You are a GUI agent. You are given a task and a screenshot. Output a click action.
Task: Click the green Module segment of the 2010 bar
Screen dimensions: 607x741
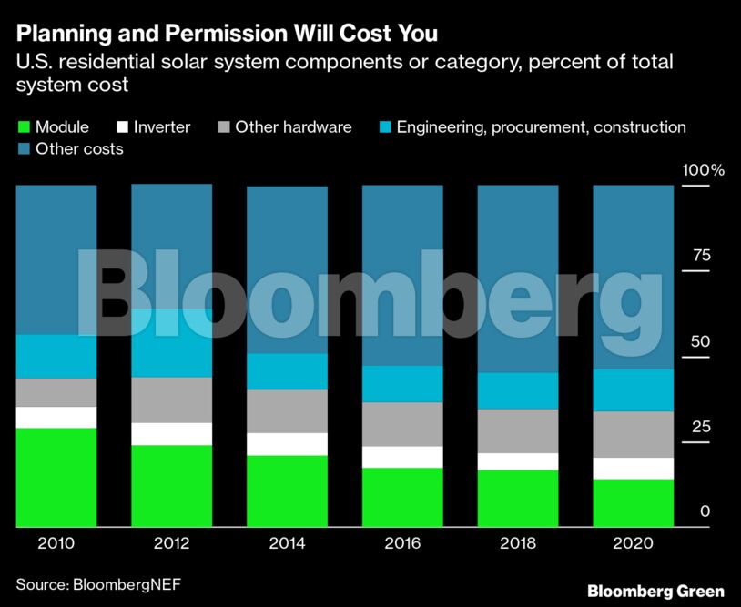(x=56, y=477)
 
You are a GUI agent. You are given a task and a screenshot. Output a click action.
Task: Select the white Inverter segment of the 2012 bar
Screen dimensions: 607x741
(x=172, y=434)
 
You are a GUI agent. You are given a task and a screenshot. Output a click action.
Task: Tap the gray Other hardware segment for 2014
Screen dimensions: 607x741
(x=287, y=411)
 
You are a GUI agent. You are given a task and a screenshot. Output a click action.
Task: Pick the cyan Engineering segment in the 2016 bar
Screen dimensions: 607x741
(x=402, y=384)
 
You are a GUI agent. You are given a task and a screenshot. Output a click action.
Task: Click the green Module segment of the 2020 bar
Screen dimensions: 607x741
(x=634, y=502)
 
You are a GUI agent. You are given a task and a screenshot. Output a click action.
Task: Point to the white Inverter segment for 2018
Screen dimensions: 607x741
(x=518, y=461)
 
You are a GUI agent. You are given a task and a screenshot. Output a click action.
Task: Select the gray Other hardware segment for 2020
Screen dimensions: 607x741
(x=634, y=434)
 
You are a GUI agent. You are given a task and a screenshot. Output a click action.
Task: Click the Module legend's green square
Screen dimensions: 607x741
(x=24, y=127)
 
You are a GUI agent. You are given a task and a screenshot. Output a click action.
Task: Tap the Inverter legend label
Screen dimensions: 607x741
(x=161, y=127)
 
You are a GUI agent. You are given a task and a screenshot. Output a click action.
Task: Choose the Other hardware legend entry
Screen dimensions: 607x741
(x=292, y=127)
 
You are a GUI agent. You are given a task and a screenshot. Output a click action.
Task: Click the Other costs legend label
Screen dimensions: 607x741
(x=78, y=148)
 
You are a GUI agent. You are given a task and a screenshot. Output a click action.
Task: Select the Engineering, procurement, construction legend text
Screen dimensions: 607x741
(x=541, y=127)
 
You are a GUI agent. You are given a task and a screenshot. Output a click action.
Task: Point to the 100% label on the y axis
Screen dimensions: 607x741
(x=704, y=170)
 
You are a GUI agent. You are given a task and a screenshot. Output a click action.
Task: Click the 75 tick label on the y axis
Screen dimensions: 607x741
(x=701, y=255)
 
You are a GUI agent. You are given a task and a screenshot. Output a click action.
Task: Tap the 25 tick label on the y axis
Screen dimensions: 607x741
(x=701, y=427)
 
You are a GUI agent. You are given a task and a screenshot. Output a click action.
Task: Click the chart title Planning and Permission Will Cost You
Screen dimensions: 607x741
(x=227, y=35)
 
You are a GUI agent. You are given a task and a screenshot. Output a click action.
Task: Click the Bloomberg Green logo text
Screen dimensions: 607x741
(x=655, y=591)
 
